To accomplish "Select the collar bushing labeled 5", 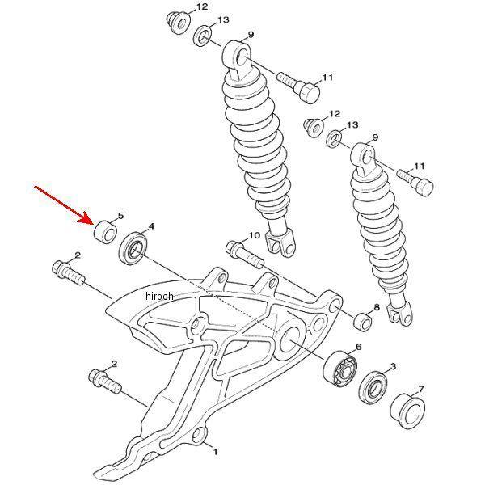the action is coord(105,232).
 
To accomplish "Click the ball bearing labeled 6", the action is coord(340,369).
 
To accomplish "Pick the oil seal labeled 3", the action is coord(374,387).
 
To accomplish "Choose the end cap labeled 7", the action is coord(407,411).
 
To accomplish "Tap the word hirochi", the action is coord(161,296).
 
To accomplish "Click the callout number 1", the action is coord(215,452).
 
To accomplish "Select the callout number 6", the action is coord(358,347).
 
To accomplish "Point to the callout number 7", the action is coord(421,389).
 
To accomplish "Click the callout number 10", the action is coord(255,236).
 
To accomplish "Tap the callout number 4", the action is coord(151,226).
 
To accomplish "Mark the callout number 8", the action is coord(377,307).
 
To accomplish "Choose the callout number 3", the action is coord(393,366).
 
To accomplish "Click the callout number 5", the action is coord(120,216).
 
